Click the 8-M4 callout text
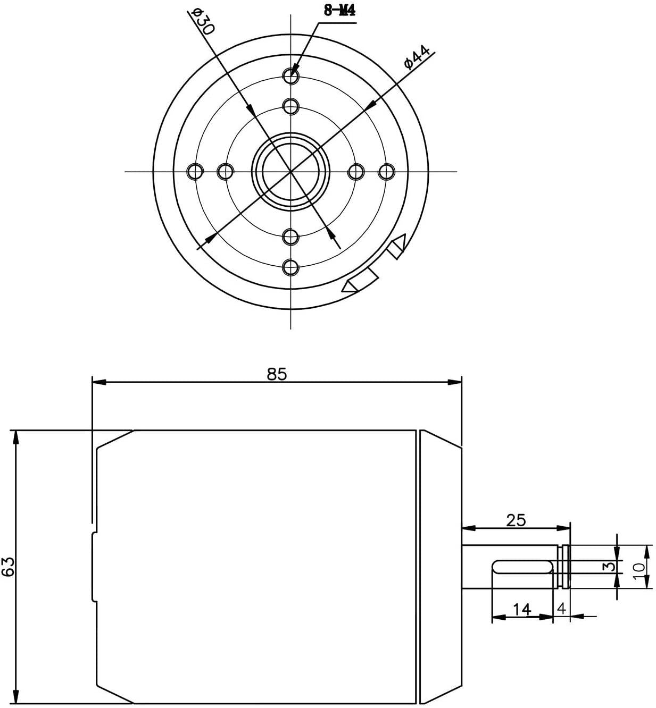tap(339, 11)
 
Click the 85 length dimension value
tap(277, 374)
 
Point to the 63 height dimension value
tap(8, 566)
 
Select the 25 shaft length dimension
tap(516, 520)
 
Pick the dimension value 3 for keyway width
tap(611, 566)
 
